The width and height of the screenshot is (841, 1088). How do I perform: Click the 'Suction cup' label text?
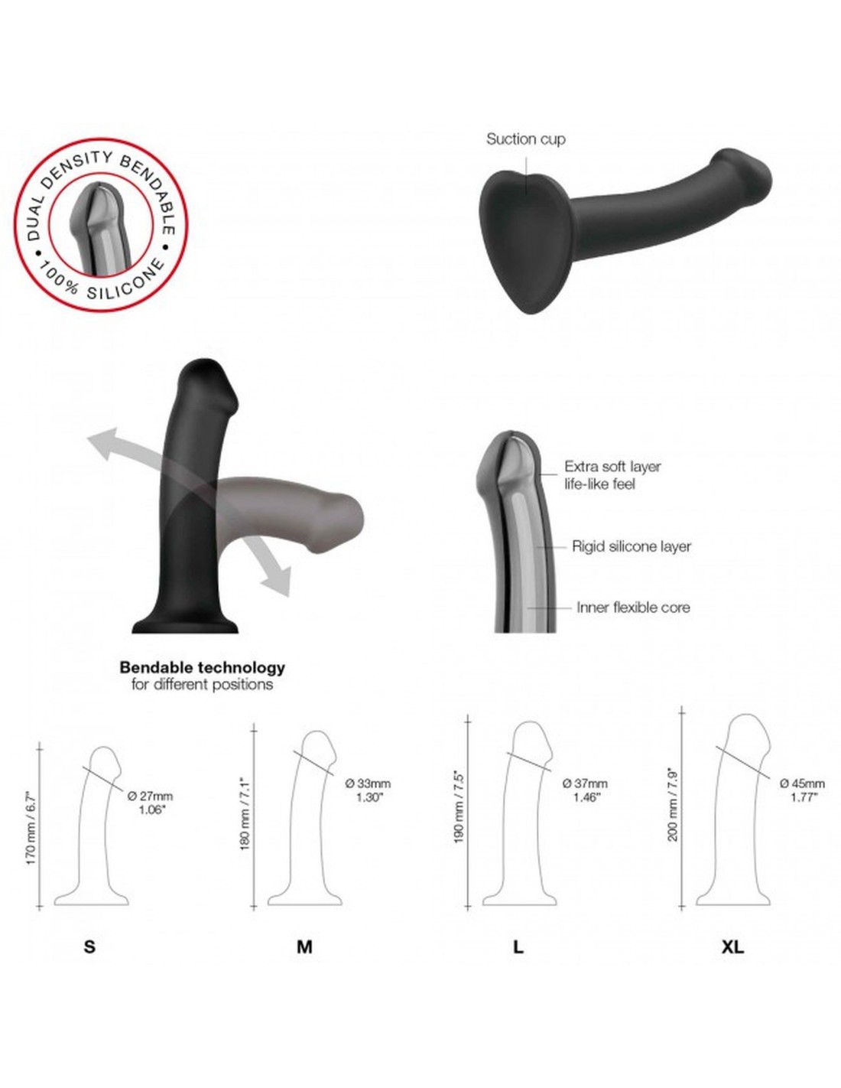(525, 138)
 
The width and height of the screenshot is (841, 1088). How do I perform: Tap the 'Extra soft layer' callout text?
(612, 466)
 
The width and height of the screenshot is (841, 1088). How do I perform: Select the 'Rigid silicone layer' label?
(631, 546)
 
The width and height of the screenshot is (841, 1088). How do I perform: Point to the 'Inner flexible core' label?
(633, 608)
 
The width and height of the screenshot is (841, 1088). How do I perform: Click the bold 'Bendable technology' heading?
(202, 667)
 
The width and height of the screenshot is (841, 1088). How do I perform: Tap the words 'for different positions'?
(202, 685)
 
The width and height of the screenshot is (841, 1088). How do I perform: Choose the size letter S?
(89, 946)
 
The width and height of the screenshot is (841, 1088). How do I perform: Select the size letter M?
(304, 946)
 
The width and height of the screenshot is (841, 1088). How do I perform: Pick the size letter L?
(518, 946)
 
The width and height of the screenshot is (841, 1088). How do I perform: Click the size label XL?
(732, 946)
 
